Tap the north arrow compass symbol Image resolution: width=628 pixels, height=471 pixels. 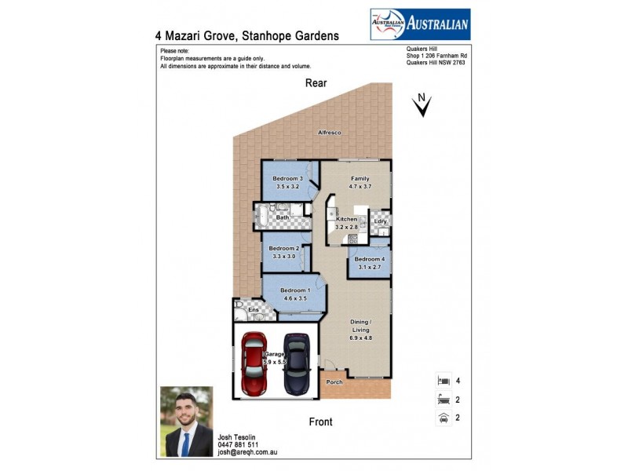[x=422, y=105]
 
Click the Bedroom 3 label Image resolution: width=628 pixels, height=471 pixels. [x=287, y=179]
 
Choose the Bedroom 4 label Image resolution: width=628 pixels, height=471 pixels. [x=369, y=259]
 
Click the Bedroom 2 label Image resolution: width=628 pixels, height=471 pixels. [x=283, y=248]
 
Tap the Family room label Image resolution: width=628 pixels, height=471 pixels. [x=360, y=179]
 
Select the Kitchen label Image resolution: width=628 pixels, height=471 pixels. [x=346, y=219]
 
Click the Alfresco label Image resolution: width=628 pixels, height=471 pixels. [x=329, y=133]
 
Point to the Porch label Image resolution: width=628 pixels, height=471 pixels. [x=334, y=382]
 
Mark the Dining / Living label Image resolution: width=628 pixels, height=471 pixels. [x=360, y=326]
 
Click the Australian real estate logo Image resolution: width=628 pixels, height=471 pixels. [x=420, y=24]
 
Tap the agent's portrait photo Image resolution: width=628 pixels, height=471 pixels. [x=187, y=422]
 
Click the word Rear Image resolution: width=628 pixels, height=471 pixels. [x=316, y=83]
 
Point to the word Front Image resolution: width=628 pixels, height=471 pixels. [x=320, y=422]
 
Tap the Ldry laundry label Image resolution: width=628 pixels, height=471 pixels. [x=380, y=222]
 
